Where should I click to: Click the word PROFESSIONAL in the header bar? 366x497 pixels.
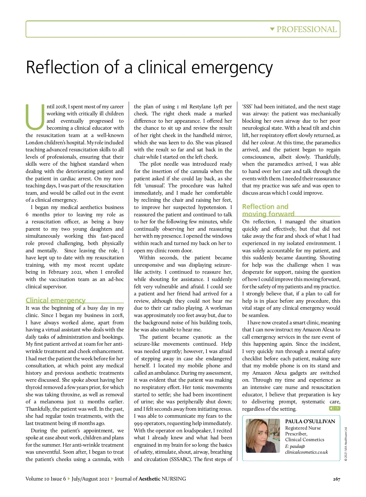coord(307,29)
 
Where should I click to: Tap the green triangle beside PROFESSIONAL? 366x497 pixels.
coord(272,29)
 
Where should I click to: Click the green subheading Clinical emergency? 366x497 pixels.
coord(56,300)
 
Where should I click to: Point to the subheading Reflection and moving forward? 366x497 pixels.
coord(268,210)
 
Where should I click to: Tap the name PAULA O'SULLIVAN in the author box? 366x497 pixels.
coord(310,421)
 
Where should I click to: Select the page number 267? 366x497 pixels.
coord(336,479)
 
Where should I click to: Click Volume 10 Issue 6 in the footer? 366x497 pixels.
coord(46,479)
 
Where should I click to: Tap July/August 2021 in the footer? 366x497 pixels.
coord(90,479)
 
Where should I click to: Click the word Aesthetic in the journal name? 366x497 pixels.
coord(149,479)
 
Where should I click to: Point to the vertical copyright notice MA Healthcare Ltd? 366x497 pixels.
coord(346,444)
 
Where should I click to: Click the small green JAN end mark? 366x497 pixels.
coord(335,408)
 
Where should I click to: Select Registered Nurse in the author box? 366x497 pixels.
coord(303,428)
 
